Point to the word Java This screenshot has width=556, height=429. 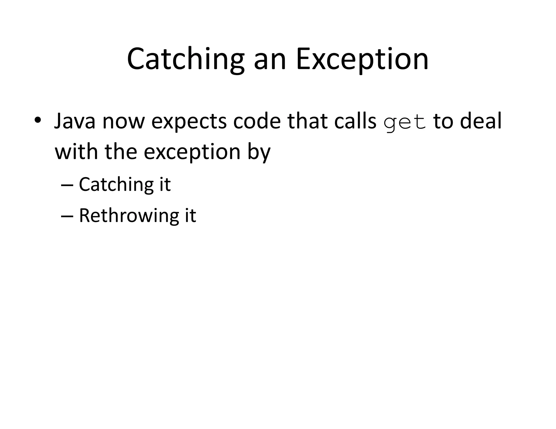coord(75,121)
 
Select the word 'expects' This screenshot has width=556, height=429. coord(189,122)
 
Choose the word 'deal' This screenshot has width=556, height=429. coord(481,121)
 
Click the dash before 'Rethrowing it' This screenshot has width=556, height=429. coord(67,216)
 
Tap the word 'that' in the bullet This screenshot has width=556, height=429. coord(308,121)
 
